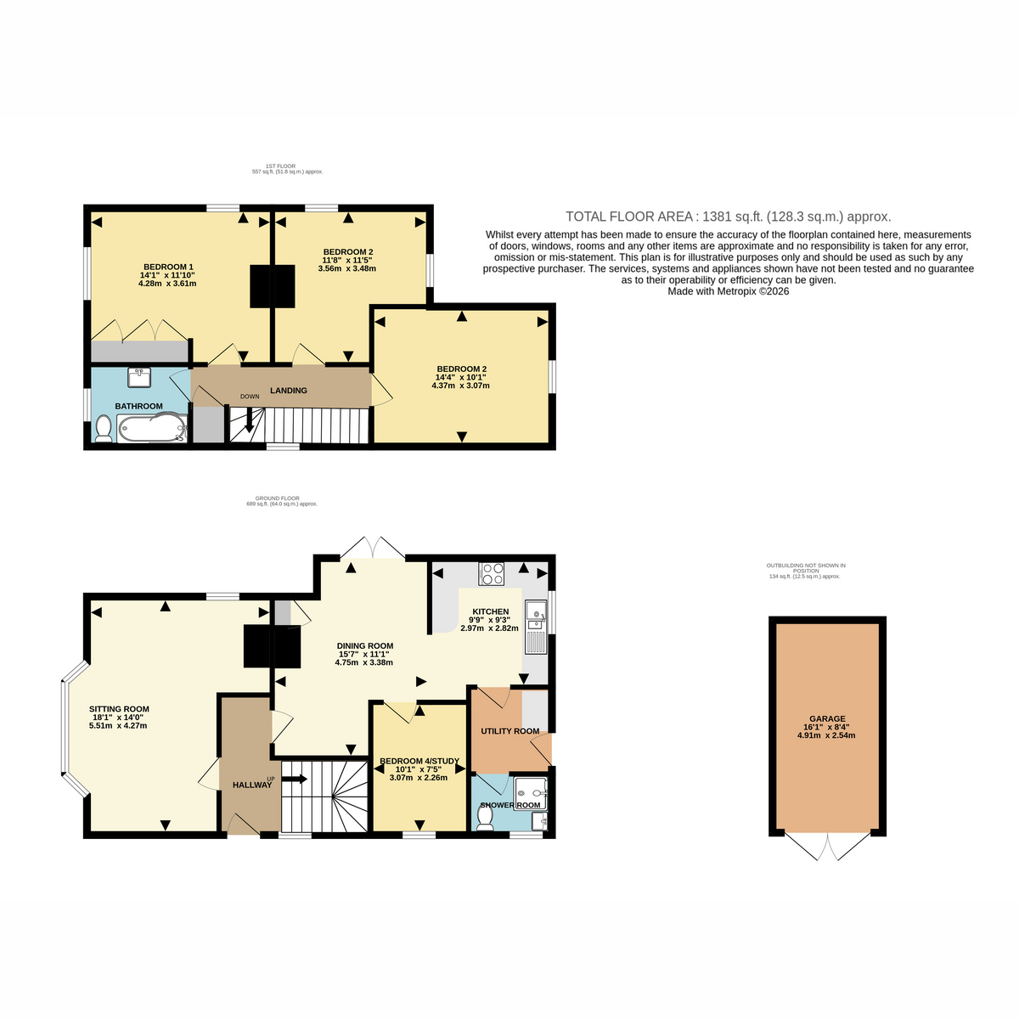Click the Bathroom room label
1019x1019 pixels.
pyautogui.click(x=138, y=406)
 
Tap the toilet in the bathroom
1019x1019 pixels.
pyautogui.click(x=103, y=428)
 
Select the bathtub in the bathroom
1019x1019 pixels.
pyautogui.click(x=152, y=428)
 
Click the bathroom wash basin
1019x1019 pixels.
pyautogui.click(x=139, y=377)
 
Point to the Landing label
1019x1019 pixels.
pyautogui.click(x=288, y=391)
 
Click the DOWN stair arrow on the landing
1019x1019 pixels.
pyautogui.click(x=249, y=421)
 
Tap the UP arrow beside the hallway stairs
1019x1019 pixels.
pyautogui.click(x=295, y=779)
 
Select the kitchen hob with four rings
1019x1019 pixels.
pyautogui.click(x=492, y=574)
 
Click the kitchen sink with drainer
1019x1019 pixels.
pyautogui.click(x=535, y=628)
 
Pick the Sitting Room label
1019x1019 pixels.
pyautogui.click(x=119, y=709)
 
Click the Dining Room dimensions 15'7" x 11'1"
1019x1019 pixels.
pyautogui.click(x=365, y=654)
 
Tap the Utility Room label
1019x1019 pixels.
pyautogui.click(x=509, y=731)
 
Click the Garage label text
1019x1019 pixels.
pyautogui.click(x=827, y=718)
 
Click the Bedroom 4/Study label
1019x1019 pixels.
pyautogui.click(x=419, y=761)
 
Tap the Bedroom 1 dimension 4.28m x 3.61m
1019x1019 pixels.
pyautogui.click(x=167, y=284)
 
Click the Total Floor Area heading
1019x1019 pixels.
pyautogui.click(x=729, y=217)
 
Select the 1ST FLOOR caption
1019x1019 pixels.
pyautogui.click(x=281, y=166)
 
